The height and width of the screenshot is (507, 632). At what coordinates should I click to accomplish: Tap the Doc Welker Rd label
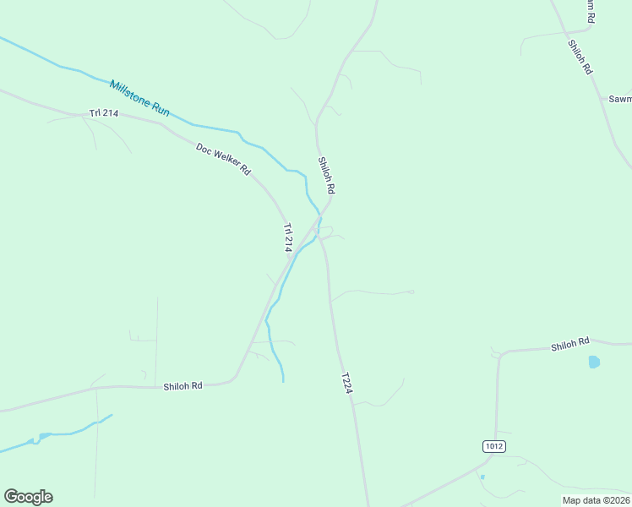coord(223,159)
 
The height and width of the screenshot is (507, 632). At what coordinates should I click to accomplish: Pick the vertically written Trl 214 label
coord(287,237)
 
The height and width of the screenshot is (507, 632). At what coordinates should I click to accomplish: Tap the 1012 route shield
coord(494,445)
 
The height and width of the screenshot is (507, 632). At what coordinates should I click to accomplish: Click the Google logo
coord(28,497)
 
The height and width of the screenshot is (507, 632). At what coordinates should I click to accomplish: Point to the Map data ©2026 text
coord(596,499)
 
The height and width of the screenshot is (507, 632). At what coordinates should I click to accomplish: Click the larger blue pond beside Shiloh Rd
coord(594,362)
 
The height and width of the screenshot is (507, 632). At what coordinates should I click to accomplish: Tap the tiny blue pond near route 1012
coord(482,477)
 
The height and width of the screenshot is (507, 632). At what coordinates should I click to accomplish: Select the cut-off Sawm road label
coord(620,99)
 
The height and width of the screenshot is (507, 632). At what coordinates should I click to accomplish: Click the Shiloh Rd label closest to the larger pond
coord(569,345)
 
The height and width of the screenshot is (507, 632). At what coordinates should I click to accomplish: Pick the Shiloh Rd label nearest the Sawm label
coord(579,58)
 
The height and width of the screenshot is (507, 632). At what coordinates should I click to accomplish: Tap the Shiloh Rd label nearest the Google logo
coord(183,386)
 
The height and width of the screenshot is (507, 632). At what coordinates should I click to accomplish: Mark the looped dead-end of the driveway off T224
coord(412,292)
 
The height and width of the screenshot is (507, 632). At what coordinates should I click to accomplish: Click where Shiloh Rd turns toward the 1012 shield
coord(500,354)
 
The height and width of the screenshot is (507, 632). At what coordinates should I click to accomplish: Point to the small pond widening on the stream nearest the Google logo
coord(41,437)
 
